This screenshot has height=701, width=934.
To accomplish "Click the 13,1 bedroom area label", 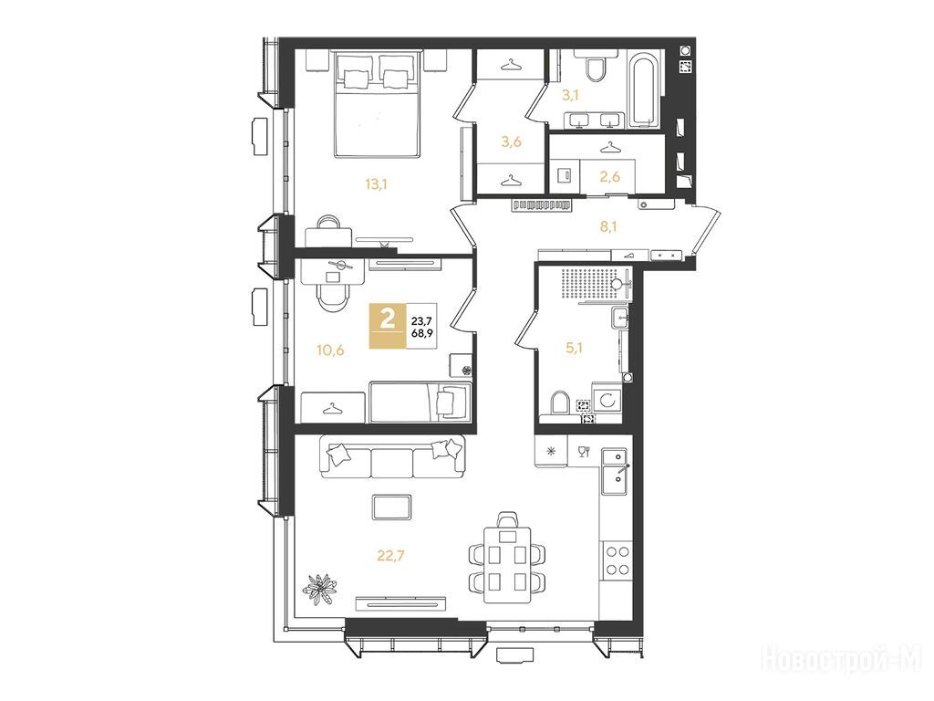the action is point(377,184).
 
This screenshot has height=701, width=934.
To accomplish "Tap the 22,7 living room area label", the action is point(390,556).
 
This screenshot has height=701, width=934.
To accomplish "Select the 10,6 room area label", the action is point(330,350).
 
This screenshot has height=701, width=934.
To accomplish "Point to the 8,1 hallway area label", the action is point(607,226).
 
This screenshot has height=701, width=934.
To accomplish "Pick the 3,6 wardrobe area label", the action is point(511,141).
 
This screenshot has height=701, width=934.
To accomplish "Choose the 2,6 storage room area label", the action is point(609,176).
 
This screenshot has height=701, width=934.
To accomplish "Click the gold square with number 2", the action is point(388,326).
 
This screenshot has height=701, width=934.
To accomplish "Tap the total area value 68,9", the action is point(421,332).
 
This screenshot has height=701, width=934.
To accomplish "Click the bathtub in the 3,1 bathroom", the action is point(645,90).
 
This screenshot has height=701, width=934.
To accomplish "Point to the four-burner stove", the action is point(617,560).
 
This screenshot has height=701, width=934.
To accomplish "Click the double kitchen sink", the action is point(614,472).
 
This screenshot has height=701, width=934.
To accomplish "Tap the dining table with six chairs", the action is point(507,560).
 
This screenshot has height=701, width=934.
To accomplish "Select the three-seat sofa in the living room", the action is point(393,457).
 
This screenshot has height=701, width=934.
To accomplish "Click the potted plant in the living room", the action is point(322,588).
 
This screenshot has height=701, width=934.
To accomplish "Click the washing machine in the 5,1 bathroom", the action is point(607,399).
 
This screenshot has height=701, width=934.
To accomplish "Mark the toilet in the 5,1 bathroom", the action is point(560,403).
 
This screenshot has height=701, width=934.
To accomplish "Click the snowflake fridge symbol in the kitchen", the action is point(551,451).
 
